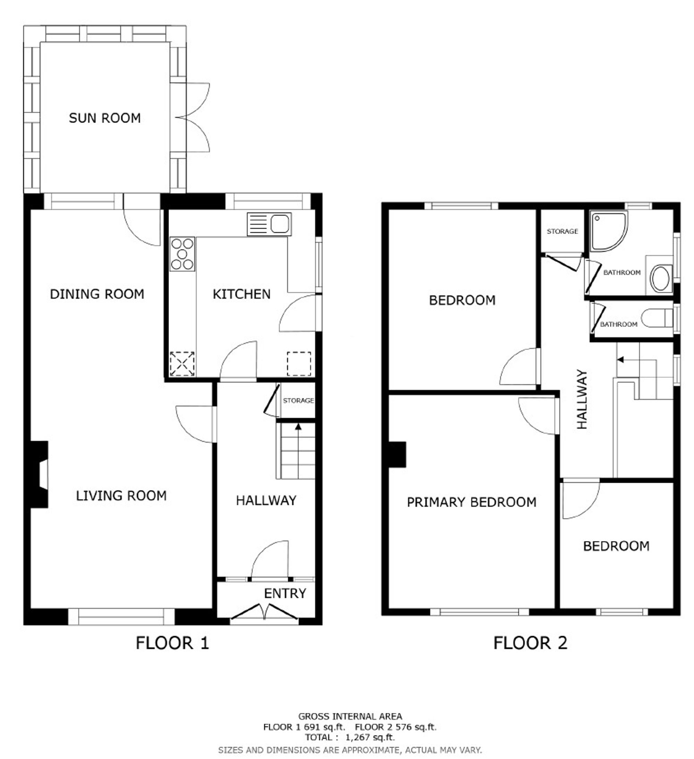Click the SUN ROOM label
click(x=105, y=118)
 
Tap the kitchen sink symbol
click(x=269, y=225)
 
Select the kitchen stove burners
click(x=182, y=254)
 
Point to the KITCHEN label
click(x=242, y=294)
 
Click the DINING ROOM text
click(x=97, y=294)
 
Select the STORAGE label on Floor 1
click(x=298, y=400)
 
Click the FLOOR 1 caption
click(x=172, y=643)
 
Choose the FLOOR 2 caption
click(x=530, y=643)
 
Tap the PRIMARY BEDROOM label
click(x=472, y=502)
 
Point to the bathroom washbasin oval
click(x=660, y=279)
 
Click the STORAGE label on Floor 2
click(x=562, y=231)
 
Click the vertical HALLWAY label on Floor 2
click(x=582, y=399)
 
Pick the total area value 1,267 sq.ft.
click(x=370, y=737)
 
